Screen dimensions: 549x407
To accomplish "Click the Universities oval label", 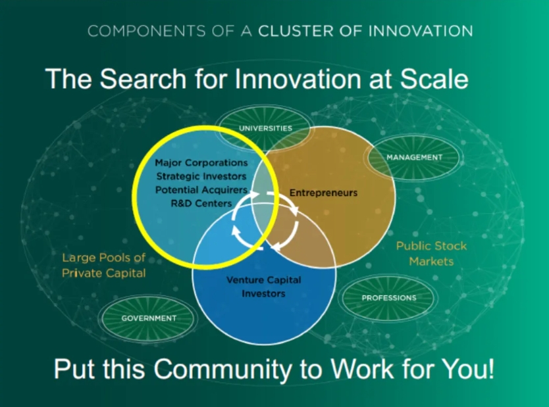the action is coord(265,128).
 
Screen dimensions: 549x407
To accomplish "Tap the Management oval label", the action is coord(414,157).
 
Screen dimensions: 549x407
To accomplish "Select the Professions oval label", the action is coord(389,298).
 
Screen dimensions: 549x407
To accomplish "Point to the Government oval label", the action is coord(149,318).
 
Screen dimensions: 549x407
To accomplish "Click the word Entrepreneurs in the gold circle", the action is coord(323,193).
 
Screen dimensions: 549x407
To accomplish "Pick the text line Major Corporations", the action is coord(201,162).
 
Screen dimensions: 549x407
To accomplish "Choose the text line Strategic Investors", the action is coord(201,176).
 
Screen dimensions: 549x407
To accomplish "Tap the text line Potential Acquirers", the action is coord(201,190).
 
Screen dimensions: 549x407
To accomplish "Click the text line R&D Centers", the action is coord(201,204).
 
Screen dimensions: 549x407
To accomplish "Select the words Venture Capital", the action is coord(264,279).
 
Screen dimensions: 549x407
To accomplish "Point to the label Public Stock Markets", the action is coord(431,254).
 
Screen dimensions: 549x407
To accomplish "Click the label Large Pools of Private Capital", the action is coord(103,265).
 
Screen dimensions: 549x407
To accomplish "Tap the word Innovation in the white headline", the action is coord(298,79).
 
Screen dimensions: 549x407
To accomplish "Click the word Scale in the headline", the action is coord(434,79).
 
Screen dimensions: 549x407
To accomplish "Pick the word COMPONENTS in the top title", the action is coord(146,31).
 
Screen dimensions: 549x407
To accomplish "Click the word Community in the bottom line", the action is coord(223,369).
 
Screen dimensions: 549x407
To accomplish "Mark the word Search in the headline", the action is coord(143,79).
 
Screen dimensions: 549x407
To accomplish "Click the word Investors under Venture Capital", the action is coord(264,293).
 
